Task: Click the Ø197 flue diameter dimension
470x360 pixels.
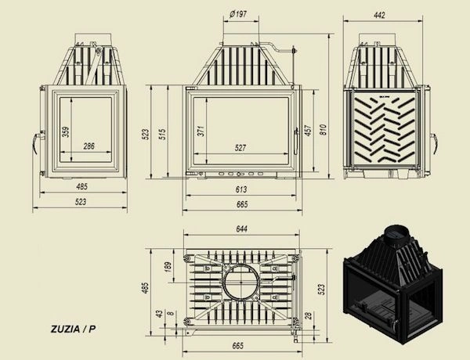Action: point(240,13)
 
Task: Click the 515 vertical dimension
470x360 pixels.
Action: point(162,134)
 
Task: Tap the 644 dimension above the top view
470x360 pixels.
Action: point(240,229)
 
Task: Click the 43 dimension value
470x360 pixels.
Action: point(160,313)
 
